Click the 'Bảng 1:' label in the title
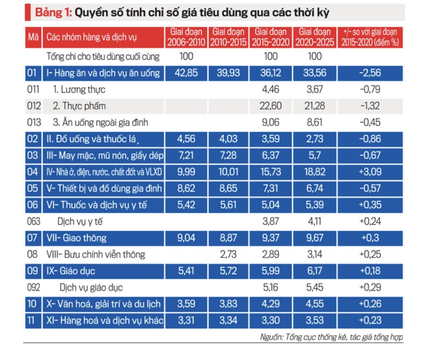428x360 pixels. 53,13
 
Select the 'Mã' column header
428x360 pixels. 33,37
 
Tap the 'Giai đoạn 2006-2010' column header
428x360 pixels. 187,37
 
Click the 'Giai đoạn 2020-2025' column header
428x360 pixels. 315,37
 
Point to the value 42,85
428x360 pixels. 187,73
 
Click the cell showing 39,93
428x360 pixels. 229,73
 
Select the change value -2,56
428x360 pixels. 370,73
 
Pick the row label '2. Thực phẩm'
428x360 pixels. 79,106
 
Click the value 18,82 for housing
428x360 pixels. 315,172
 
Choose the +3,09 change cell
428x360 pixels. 370,172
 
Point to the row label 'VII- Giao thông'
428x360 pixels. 76,238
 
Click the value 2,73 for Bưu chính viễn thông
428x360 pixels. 229,254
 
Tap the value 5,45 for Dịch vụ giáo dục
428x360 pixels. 315,287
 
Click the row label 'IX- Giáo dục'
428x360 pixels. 71,271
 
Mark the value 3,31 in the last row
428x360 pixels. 187,321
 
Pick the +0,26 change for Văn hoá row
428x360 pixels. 370,304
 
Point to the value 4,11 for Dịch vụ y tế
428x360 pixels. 315,221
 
